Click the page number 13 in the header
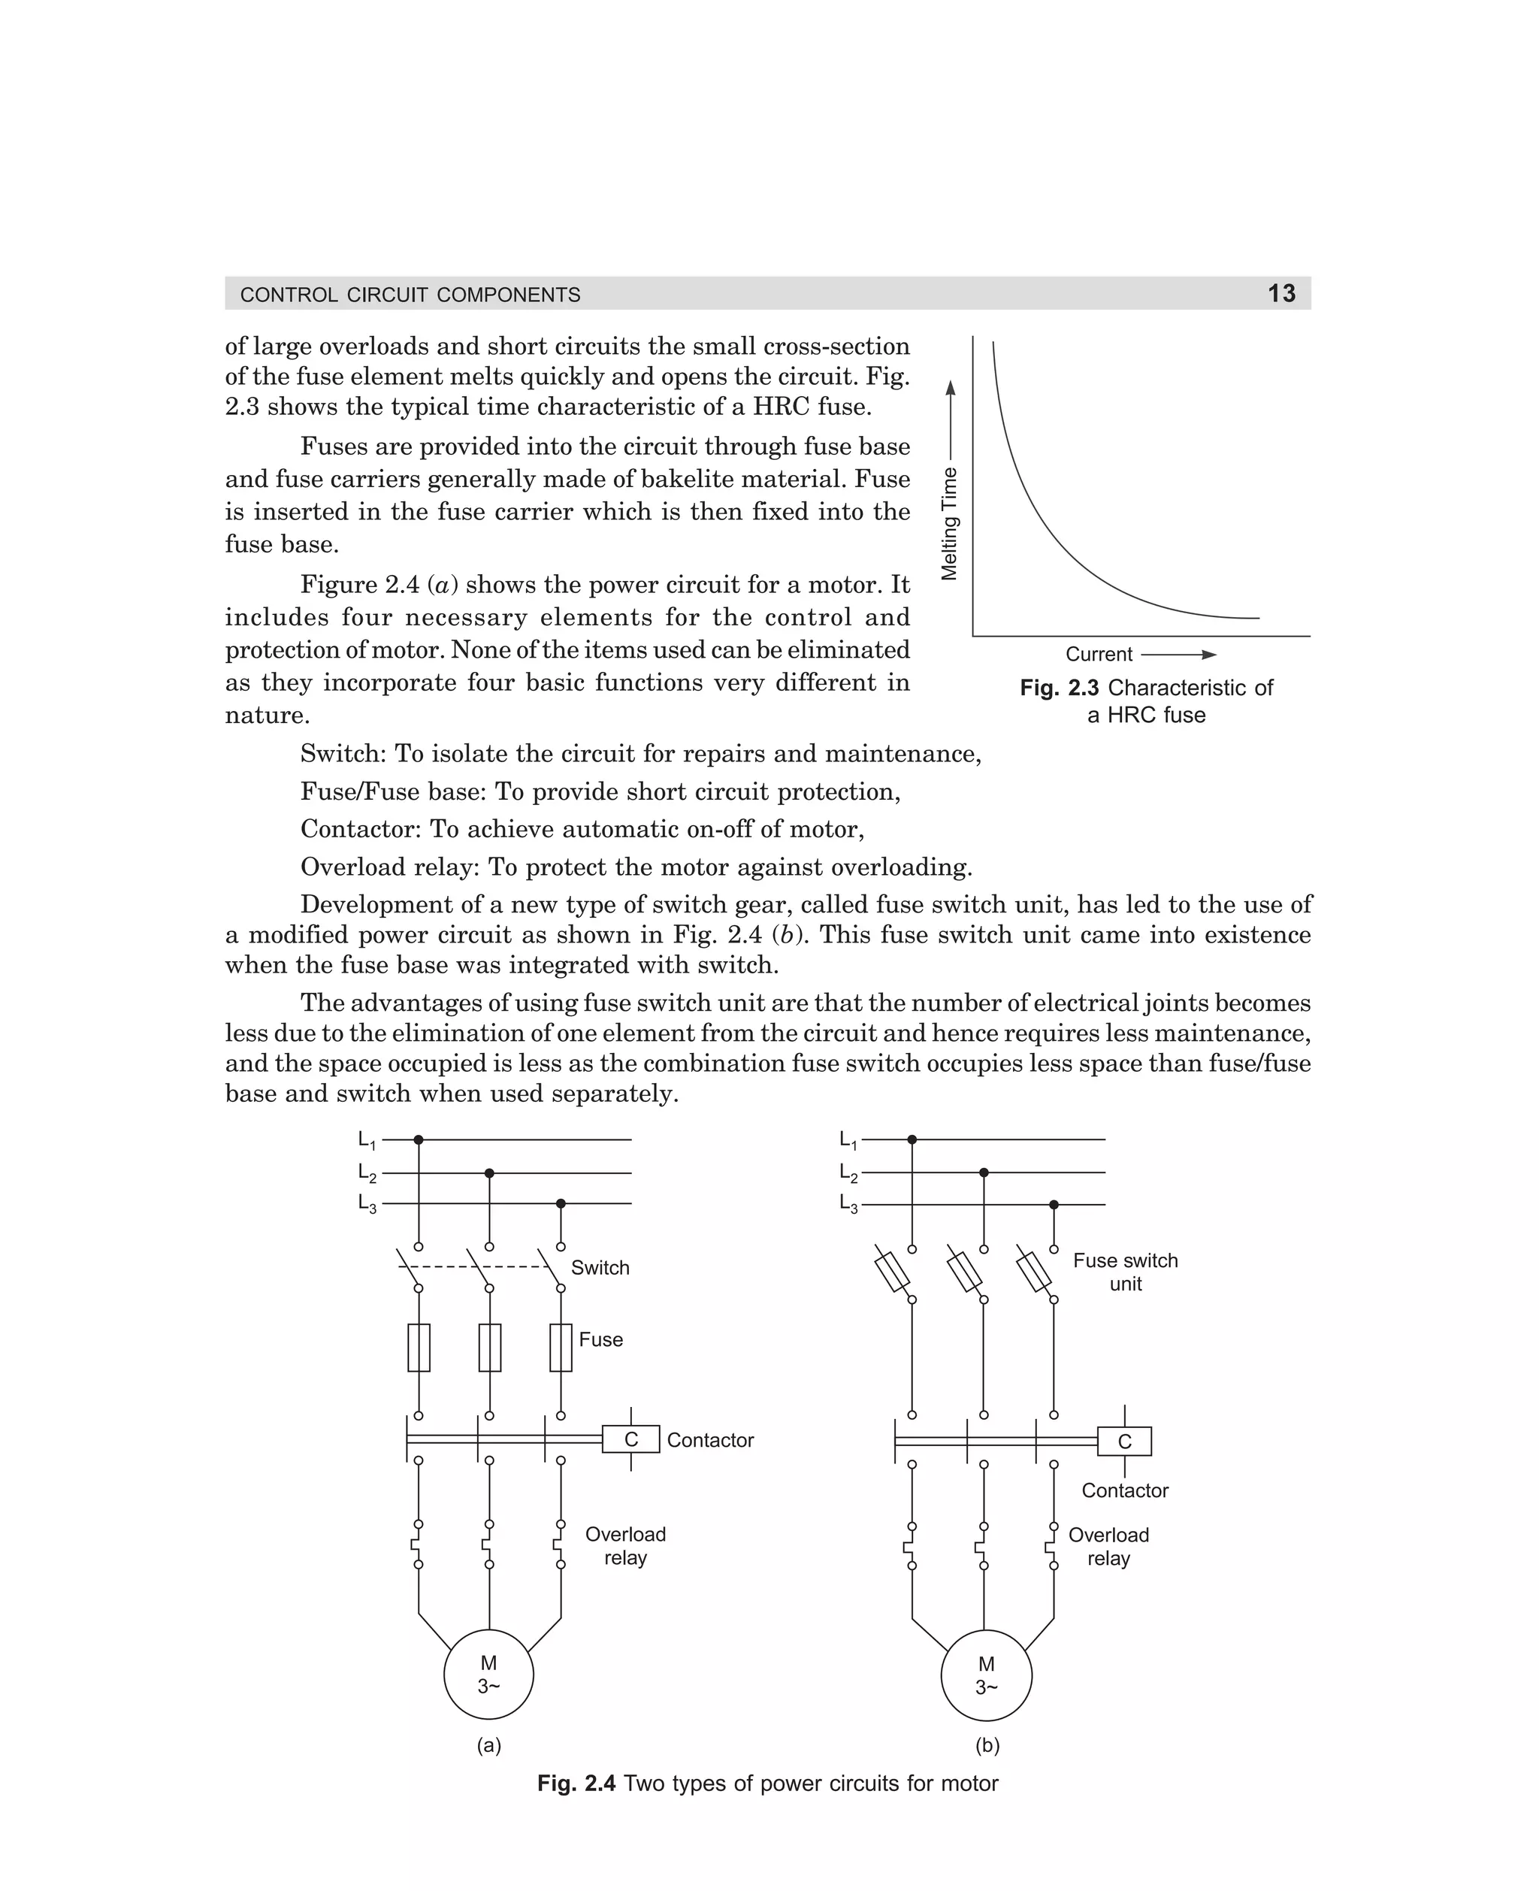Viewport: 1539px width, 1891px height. pos(1281,293)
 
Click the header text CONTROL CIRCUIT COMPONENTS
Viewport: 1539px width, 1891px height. pos(410,295)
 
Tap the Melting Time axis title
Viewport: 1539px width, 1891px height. pos(949,523)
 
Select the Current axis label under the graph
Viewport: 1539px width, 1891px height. pos(1099,655)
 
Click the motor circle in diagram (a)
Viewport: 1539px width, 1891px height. pos(488,1675)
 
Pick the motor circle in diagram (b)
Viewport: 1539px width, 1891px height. pos(986,1675)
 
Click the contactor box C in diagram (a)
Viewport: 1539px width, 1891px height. pos(630,1439)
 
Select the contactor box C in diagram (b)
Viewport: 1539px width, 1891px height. pos(1124,1442)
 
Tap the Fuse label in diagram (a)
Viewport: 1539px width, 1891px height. pos(600,1339)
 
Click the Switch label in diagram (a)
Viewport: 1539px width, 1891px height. pos(600,1268)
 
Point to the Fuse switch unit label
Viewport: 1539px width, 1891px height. pos(1125,1272)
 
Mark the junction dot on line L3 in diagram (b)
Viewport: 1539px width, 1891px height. pos(1054,1205)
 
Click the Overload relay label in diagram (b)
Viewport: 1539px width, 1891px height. pos(1108,1547)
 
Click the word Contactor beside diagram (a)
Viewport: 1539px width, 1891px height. pos(709,1440)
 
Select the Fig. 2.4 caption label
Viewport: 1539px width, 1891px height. pos(576,1784)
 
